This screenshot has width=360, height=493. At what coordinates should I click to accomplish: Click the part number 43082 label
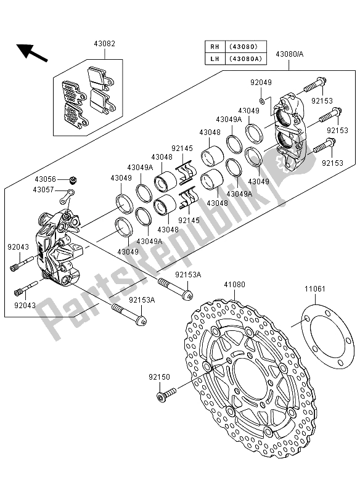[x=104, y=44]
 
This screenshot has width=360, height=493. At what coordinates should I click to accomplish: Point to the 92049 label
[x=261, y=81]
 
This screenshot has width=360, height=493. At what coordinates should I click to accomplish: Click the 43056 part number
[x=46, y=179]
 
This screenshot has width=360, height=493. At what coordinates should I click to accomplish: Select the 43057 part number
[x=46, y=190]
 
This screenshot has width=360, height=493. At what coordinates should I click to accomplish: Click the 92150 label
[x=158, y=375]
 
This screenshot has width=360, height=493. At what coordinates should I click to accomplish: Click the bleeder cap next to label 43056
[x=73, y=181]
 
